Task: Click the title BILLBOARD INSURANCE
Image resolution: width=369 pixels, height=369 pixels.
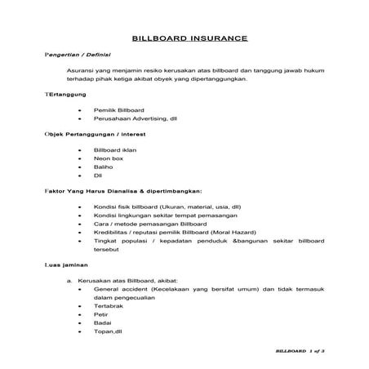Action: (x=184, y=38)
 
